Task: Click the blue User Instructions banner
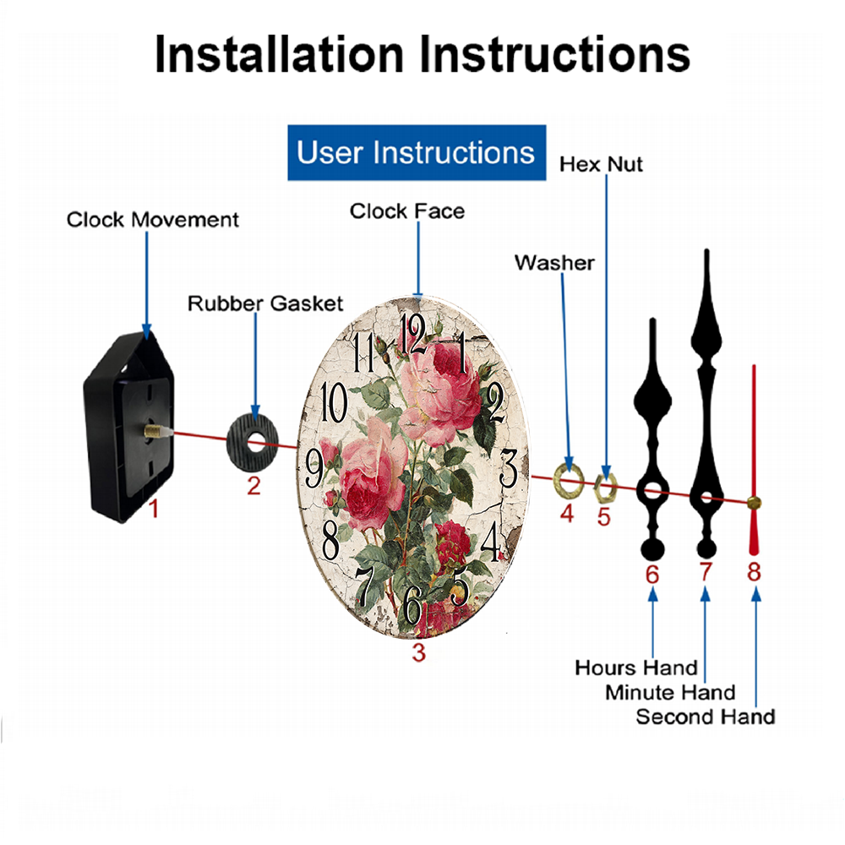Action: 417,152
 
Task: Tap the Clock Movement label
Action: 152,220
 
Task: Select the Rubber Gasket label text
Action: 265,303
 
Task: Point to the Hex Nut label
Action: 601,165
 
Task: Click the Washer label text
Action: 554,263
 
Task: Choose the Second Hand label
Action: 706,717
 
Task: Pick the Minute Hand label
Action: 670,693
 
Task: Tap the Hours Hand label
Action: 636,668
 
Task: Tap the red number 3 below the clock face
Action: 419,652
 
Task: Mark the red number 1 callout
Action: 154,509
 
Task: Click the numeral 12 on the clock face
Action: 413,334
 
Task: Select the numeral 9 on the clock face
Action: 315,468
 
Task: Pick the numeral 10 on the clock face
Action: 334,402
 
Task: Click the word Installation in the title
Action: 279,54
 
